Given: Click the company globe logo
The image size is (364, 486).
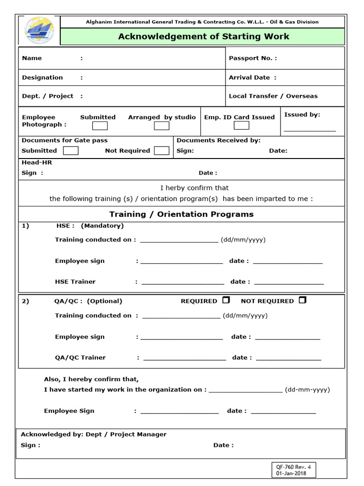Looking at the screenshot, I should [39, 30].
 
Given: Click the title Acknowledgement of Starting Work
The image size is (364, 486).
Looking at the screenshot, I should [203, 37].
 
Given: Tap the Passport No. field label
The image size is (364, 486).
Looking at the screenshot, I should [253, 58].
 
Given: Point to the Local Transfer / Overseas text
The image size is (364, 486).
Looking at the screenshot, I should [273, 96].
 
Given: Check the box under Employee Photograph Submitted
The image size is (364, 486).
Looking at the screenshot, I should [100, 126].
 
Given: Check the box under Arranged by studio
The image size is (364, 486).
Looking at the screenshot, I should [162, 126].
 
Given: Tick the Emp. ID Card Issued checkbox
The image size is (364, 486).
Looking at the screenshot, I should [241, 126].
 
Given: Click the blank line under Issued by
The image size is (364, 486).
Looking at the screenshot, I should [309, 129].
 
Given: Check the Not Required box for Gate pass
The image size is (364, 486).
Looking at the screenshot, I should [162, 150].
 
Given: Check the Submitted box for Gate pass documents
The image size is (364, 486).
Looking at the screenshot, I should [71, 150].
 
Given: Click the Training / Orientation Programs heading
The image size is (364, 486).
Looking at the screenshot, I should [182, 214].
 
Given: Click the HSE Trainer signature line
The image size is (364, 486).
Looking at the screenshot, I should [182, 282].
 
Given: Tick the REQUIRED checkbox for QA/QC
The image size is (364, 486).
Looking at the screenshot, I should [226, 300].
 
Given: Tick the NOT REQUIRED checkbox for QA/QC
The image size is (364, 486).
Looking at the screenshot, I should [303, 300].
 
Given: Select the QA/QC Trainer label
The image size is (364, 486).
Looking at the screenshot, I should [80, 357].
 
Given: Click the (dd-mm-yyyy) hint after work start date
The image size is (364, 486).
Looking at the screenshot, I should [307, 390].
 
